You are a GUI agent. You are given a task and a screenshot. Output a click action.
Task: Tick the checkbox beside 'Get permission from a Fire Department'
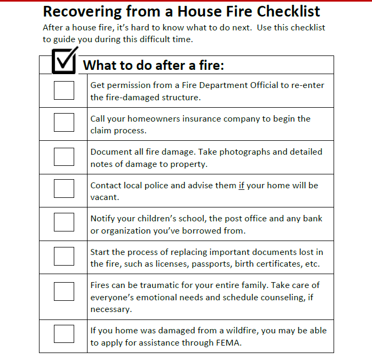(x=64, y=90)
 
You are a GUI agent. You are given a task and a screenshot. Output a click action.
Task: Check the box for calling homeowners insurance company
(x=64, y=123)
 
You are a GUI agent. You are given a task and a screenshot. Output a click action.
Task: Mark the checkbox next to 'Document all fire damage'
(x=64, y=156)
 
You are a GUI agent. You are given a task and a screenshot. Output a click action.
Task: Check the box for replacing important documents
(x=64, y=256)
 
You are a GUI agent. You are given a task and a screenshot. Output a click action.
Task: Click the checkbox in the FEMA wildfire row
(x=64, y=333)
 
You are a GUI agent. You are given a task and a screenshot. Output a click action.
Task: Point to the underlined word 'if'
(x=241, y=186)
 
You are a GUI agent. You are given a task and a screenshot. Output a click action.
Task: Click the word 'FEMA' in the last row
(x=229, y=343)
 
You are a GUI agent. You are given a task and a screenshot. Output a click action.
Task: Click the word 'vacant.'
(x=104, y=197)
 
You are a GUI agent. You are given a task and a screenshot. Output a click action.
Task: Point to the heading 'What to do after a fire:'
(x=154, y=66)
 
